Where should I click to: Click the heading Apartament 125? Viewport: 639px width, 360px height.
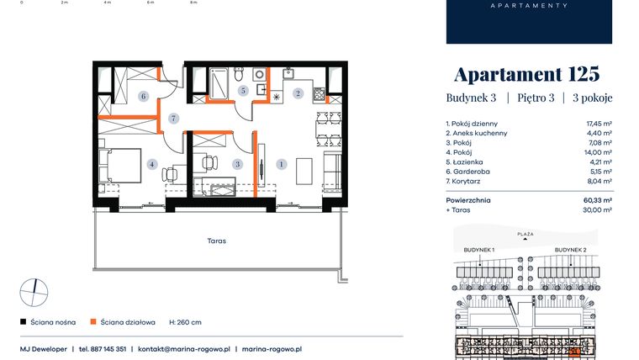click(527, 72)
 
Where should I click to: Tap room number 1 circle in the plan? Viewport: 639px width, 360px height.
click(281, 164)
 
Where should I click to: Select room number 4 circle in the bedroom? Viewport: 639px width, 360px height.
click(151, 164)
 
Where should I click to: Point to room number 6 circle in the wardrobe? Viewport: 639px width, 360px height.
click(144, 97)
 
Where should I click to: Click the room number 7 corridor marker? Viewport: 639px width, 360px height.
click(173, 119)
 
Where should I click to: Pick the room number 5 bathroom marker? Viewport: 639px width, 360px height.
click(242, 90)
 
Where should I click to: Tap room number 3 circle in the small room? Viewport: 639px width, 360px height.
click(238, 164)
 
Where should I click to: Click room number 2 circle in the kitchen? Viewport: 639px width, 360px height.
click(298, 93)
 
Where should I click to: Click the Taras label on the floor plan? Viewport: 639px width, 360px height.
click(218, 241)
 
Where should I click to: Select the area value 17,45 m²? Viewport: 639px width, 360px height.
click(599, 123)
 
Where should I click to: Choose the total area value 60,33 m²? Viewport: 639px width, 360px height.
click(598, 200)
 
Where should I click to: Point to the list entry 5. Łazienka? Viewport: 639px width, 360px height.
click(467, 161)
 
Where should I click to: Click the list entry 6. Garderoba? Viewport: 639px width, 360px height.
click(469, 172)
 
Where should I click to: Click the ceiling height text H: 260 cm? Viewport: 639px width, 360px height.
click(185, 321)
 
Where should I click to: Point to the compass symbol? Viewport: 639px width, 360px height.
click(34, 292)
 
